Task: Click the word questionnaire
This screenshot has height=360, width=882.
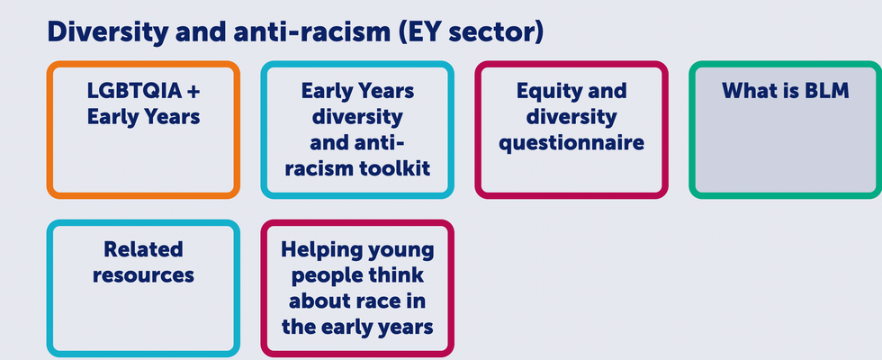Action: [x=571, y=143]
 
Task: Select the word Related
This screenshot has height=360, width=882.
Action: [x=143, y=249]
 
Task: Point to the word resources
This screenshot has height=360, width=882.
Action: [x=143, y=275]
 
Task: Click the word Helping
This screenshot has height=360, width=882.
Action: [x=319, y=249]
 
